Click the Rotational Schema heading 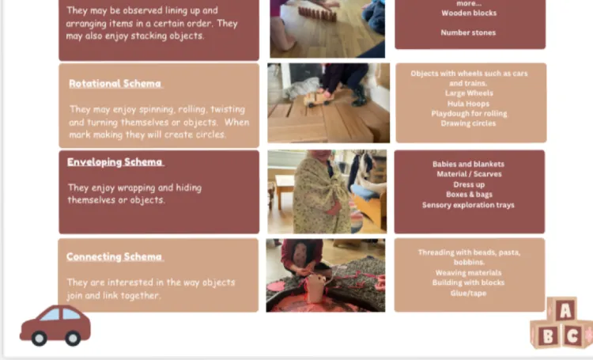tap(115, 84)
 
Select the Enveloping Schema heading tap(115, 162)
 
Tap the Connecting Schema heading tap(114, 256)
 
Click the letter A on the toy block tap(565, 311)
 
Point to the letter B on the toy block tap(548, 336)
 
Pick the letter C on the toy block tap(572, 335)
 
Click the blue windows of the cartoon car tap(60, 315)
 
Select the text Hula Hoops tap(468, 104)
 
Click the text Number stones tap(468, 32)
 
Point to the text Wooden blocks tap(469, 13)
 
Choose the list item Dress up tap(469, 184)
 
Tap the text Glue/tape tap(468, 293)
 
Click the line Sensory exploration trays tap(468, 205)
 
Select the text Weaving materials tap(468, 272)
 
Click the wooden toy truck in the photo tap(319, 99)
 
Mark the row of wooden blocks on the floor tap(317, 14)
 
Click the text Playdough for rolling tap(469, 114)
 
